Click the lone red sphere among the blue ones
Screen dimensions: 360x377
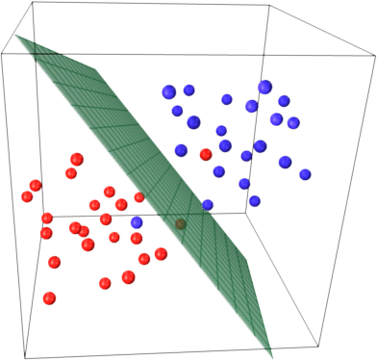pos(205,154)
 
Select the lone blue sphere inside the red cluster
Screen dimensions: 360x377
pos(137,222)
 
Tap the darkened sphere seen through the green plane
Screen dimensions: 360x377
pos(179,225)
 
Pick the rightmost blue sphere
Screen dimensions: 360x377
pos(305,174)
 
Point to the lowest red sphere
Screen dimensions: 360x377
pos(49,297)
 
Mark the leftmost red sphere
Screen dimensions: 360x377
pos(27,196)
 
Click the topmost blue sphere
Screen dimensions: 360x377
pos(264,87)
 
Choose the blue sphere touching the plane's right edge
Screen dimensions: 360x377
pos(208,205)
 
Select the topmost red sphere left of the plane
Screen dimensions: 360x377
pos(77,159)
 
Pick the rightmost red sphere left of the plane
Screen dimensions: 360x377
pos(159,253)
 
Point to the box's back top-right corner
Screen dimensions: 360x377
pos(265,5)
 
